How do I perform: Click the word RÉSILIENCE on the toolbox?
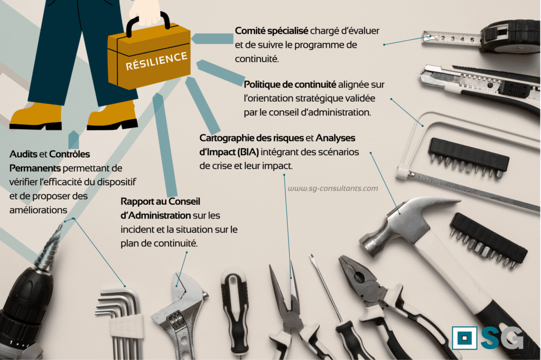coord(156,61)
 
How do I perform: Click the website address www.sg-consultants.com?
coord(333,188)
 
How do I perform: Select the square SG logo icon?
coord(464,338)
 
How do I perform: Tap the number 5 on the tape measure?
coord(472,40)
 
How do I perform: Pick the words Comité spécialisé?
coord(272,31)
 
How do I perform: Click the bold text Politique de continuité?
coord(290,84)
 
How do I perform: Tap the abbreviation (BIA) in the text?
coord(248,152)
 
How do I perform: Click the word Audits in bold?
coord(23,154)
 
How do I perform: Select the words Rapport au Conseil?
coord(161,202)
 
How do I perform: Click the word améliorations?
coord(38,210)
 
